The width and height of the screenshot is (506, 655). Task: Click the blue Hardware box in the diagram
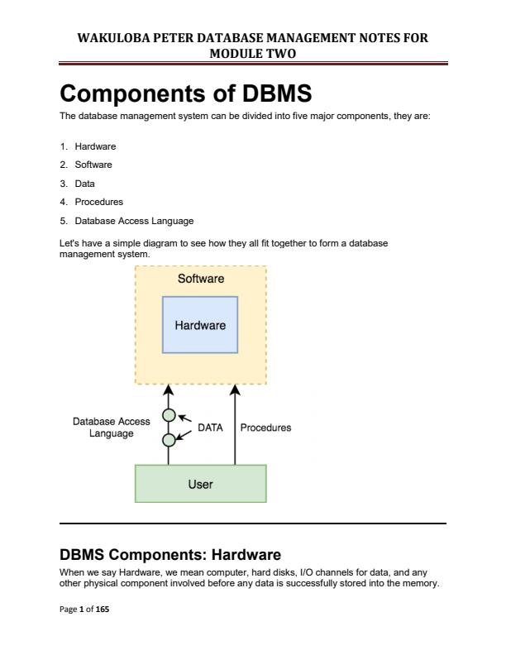[x=200, y=326]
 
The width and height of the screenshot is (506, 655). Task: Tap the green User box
[x=200, y=484]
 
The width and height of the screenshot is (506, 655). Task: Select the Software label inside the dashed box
[x=200, y=280]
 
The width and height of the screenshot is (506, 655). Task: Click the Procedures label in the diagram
[x=265, y=428]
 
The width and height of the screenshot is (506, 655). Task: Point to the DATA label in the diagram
[x=211, y=428]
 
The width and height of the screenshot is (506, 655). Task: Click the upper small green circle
[x=169, y=415]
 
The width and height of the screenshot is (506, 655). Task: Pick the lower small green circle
[x=169, y=440]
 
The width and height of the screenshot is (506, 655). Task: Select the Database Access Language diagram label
[x=112, y=427]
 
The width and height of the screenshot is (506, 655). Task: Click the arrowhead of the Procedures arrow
[x=236, y=389]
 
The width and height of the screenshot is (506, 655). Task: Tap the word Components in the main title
[x=128, y=94]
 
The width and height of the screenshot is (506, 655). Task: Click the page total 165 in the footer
[x=103, y=608]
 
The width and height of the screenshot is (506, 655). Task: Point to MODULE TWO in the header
[x=253, y=52]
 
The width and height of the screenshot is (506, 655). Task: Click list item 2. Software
[x=91, y=165]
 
